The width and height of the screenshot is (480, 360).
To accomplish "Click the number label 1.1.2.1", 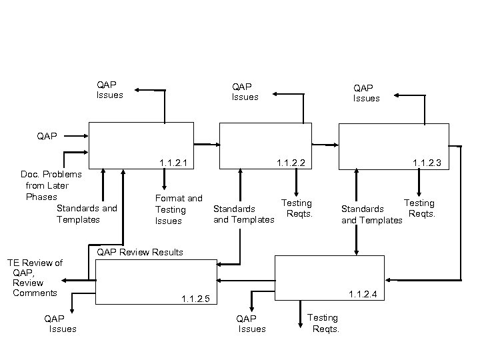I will [173, 163].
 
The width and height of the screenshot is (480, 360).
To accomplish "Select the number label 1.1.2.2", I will [291, 163].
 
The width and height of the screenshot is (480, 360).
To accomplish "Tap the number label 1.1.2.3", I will [427, 163].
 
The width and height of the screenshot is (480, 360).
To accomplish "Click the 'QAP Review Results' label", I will [140, 252].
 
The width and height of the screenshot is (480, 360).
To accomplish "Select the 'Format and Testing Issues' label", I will [178, 209].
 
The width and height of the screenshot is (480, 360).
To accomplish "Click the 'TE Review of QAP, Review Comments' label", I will [35, 278].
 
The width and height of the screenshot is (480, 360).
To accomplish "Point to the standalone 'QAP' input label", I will [47, 135].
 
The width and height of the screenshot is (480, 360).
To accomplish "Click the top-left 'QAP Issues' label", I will [109, 89].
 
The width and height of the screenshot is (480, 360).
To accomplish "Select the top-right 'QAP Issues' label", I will [366, 93].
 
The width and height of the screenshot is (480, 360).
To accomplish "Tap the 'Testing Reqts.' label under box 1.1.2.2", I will [297, 208].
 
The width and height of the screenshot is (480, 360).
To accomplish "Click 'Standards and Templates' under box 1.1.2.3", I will [371, 214].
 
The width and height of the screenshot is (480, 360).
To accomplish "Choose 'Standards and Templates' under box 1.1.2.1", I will [87, 213].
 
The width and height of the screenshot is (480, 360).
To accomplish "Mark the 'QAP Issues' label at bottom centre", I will [251, 323].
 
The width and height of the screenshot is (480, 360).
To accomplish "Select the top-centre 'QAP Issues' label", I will [245, 91].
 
